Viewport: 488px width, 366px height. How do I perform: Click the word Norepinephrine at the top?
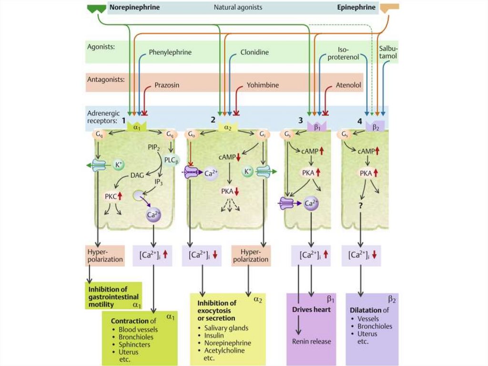pyautogui.click(x=134, y=8)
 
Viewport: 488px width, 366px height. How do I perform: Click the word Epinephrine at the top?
pyautogui.click(x=359, y=8)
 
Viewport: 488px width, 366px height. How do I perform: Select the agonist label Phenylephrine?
pyautogui.click(x=170, y=52)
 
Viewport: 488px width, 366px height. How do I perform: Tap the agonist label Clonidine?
pyautogui.click(x=254, y=52)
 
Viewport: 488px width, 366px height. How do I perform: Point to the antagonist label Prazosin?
pyautogui.click(x=167, y=85)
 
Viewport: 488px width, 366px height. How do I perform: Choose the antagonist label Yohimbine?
pyautogui.click(x=263, y=85)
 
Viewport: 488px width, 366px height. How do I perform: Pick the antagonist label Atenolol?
pyautogui.click(x=348, y=85)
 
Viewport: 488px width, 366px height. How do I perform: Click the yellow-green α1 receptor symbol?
pyautogui.click(x=136, y=127)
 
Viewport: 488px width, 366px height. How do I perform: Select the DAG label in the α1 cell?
pyautogui.click(x=137, y=176)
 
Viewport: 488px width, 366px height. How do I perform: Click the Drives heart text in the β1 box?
pyautogui.click(x=311, y=310)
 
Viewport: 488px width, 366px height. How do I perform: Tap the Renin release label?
pyautogui.click(x=311, y=341)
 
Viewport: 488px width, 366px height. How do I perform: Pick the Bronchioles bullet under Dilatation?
pyautogui.click(x=376, y=326)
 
